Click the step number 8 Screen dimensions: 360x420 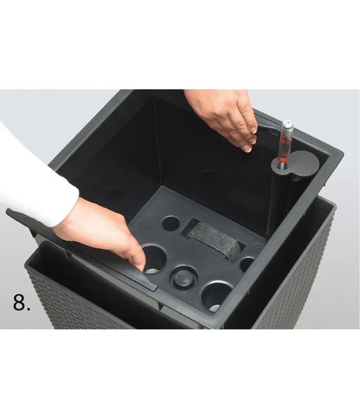point(22,302)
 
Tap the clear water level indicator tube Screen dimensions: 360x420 point(286,145)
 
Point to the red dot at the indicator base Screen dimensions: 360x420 point(282,161)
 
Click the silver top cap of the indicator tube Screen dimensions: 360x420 point(288,124)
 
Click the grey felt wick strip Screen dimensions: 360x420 point(214,240)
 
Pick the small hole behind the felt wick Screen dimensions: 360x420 point(170,223)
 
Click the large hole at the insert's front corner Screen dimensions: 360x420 point(217,295)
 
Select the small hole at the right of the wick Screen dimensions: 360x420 point(247,264)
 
